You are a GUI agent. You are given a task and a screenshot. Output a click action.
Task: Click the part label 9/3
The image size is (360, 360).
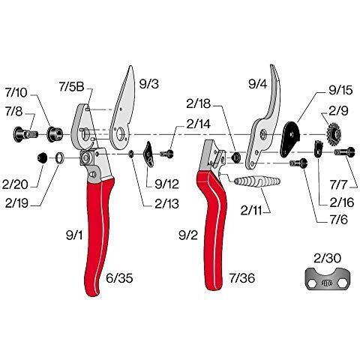(x=149, y=84)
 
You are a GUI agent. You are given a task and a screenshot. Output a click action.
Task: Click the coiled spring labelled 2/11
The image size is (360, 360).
(x=257, y=181)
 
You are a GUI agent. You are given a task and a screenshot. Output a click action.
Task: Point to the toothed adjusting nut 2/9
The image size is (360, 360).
(x=334, y=134)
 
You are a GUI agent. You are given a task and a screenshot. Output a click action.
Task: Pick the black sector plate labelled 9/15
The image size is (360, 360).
(x=290, y=139)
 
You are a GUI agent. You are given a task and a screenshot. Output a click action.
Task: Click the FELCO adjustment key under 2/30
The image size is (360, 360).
(x=328, y=278)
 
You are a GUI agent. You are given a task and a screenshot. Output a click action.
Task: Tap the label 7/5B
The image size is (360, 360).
(x=71, y=87)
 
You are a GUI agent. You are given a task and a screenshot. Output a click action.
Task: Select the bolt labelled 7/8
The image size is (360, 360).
(x=25, y=134)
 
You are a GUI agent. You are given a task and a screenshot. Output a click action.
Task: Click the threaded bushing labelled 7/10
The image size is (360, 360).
(x=55, y=134)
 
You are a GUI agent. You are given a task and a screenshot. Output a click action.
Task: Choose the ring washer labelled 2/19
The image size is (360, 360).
(x=60, y=158)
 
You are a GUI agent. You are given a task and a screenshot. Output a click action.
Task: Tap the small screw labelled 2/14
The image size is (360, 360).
(x=167, y=153)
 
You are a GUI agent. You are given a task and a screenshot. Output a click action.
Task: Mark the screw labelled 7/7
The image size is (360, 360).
(x=344, y=151)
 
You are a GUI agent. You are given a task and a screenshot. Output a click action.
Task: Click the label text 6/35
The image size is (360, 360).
(x=119, y=278)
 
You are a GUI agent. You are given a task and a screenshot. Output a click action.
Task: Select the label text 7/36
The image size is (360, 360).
(x=242, y=278)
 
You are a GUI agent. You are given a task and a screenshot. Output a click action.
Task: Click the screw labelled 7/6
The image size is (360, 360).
(x=298, y=163)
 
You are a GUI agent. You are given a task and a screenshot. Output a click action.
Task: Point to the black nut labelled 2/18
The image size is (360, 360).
(x=235, y=157)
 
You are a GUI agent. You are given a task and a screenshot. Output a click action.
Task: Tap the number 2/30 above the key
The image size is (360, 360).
(x=328, y=258)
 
